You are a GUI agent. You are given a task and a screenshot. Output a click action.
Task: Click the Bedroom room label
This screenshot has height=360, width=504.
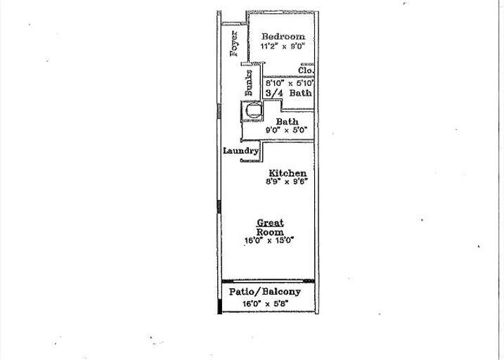pos(283,37)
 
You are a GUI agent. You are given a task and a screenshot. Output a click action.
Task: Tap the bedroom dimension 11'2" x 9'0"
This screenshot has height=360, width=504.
pos(283,46)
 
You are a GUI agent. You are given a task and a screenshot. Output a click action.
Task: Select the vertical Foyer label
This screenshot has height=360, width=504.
pos(235,43)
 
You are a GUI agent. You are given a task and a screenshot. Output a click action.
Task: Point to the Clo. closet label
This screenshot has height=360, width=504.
pos(305,71)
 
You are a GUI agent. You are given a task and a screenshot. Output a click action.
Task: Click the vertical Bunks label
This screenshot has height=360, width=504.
pos(249,84)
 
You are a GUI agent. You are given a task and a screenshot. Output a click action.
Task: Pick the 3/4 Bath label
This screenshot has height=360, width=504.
pos(288,93)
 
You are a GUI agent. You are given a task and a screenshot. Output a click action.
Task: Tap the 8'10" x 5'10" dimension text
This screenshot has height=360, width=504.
pos(288,82)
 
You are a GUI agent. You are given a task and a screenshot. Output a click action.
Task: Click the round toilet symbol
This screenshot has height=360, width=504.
pos(252,110)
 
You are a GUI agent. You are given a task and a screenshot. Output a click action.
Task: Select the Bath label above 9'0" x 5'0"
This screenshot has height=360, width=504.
pos(287,122)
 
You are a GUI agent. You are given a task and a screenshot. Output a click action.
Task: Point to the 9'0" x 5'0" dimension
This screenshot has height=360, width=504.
pos(287,130)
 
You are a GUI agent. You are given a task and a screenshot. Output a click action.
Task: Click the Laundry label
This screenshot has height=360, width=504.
pos(241,151)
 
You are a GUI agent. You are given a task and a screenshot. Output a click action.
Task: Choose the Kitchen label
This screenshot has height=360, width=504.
pos(287,173)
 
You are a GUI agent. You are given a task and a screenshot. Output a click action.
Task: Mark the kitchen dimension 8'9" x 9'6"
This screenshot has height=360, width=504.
pos(287,181)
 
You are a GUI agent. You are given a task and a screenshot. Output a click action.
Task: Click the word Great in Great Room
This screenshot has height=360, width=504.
pos(270,223)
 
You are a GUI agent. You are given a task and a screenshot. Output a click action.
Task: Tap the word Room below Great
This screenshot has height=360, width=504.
pos(270,231)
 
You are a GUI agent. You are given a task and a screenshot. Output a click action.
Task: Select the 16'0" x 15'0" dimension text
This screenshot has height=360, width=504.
pos(269,240)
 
